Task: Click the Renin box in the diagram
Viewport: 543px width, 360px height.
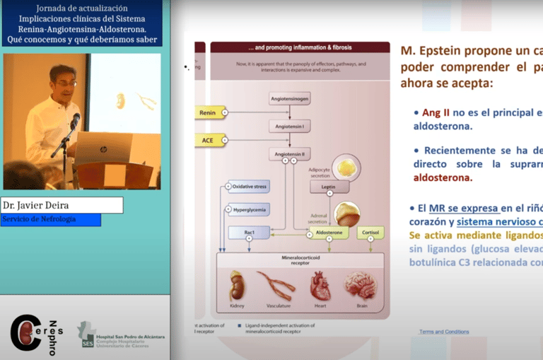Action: [209, 112]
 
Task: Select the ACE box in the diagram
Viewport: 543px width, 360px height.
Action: [209, 140]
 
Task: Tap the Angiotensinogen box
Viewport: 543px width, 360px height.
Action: [289, 100]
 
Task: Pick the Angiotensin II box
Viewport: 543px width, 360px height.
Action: [289, 153]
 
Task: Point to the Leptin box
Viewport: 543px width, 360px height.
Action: [329, 187]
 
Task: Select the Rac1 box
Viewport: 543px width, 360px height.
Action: [249, 232]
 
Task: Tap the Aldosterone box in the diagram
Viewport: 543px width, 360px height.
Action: [328, 232]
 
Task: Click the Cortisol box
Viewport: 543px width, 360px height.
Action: [370, 232]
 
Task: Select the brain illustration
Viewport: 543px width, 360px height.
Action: [361, 284]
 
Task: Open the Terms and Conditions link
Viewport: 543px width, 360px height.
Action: [443, 332]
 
